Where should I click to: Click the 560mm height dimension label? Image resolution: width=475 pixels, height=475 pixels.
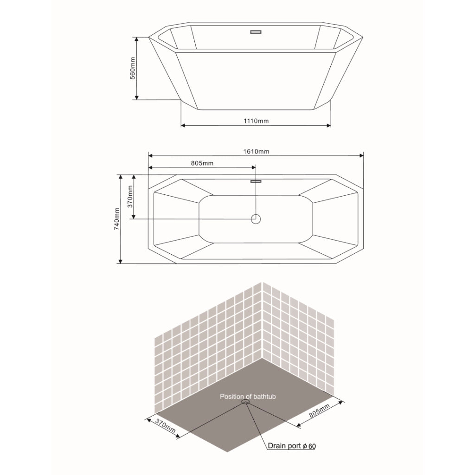pos(133,69)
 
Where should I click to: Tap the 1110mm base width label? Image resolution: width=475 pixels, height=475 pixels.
pos(256,121)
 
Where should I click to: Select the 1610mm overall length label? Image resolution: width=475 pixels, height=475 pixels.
pos(256,151)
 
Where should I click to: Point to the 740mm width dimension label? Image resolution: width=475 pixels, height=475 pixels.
pos(116,219)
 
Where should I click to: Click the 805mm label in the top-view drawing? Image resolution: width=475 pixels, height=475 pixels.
pos(202,163)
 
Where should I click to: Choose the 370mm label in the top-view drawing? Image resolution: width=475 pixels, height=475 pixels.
pos(130,197)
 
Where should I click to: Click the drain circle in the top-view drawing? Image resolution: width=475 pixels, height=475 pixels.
pos(256,219)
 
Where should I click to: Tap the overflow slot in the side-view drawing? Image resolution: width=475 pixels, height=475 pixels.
pos(256,32)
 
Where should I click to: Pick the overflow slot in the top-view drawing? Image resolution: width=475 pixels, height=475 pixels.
pos(256,181)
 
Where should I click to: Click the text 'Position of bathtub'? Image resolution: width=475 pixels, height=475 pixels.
pos(248,397)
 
